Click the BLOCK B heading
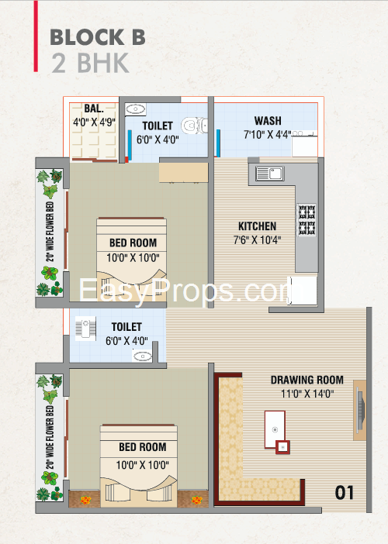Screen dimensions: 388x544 (x=98, y=37)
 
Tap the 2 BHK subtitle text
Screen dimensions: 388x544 (x=90, y=63)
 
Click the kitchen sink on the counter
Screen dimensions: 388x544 (x=270, y=173)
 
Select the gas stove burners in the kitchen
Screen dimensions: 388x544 (x=307, y=220)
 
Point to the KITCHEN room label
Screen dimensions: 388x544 (x=258, y=226)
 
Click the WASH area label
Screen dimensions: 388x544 (x=268, y=121)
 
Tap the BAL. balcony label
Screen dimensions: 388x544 (x=94, y=108)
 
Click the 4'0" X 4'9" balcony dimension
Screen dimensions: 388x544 (x=94, y=122)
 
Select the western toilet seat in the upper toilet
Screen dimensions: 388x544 (x=195, y=126)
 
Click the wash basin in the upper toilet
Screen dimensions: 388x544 (x=136, y=109)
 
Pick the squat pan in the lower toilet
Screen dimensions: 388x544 (x=85, y=328)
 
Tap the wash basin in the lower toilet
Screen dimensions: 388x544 (x=143, y=356)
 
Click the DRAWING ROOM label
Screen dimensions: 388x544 (x=307, y=380)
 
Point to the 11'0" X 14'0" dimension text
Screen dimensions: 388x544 (x=307, y=394)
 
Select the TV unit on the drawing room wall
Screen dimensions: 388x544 (x=360, y=410)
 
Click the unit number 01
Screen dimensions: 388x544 (x=345, y=493)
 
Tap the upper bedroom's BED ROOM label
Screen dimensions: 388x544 (x=133, y=243)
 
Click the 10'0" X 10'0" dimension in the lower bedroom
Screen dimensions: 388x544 (x=143, y=465)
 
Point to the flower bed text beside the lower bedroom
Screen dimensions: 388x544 (x=50, y=438)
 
